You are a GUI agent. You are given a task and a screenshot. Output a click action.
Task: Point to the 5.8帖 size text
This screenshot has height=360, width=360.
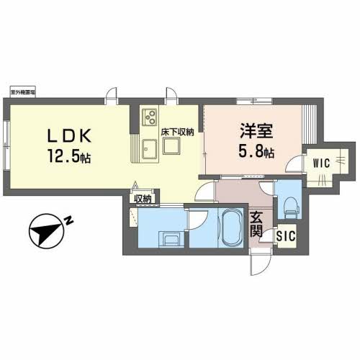(256, 153)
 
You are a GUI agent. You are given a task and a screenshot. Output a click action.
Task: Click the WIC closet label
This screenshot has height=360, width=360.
(320, 162)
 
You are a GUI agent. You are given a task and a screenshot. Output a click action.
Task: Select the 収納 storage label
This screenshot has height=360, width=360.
(142, 198)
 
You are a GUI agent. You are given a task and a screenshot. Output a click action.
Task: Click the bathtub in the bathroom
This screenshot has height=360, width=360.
(233, 228)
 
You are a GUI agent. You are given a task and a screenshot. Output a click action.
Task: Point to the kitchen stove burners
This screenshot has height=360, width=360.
(150, 114)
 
